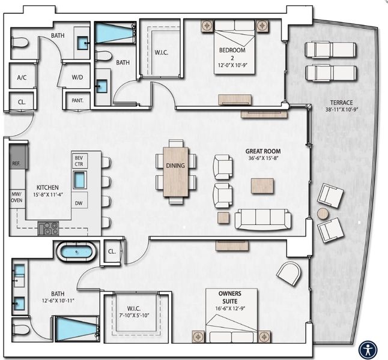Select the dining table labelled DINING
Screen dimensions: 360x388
[x=176, y=171]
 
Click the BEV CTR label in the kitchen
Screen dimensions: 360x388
[x=79, y=160]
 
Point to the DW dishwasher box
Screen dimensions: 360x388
[x=79, y=203]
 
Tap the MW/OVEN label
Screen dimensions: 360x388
[x=17, y=199]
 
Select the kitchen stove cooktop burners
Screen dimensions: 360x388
[x=49, y=228]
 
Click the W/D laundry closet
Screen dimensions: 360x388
[x=77, y=77]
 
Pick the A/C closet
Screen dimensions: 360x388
[x=22, y=77]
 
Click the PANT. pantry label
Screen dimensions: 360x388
[x=77, y=101]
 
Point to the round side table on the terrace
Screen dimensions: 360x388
[x=323, y=214]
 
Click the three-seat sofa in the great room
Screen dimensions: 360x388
[x=262, y=219]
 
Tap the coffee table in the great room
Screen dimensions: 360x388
[x=262, y=185]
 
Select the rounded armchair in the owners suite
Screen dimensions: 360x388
[x=288, y=274]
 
